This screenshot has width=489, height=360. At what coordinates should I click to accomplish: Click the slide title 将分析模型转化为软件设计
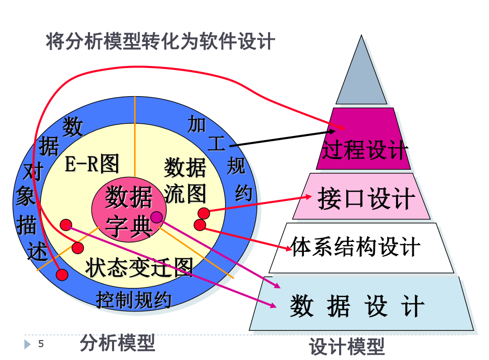coord(160,41)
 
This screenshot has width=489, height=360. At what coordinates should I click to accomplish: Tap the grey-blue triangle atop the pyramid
coord(362,77)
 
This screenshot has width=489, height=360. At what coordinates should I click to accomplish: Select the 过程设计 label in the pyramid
coord(364,150)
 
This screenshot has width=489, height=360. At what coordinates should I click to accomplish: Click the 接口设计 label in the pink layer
coord(366,198)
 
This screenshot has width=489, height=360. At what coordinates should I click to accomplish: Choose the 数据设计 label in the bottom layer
coord(357,306)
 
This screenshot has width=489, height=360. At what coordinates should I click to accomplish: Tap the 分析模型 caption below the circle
coord(117,343)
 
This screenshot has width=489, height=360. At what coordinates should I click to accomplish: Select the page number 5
coord(41,344)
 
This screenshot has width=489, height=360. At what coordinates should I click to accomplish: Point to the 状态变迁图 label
coord(139,267)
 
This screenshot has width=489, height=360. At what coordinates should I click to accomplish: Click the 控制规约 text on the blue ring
coord(134,300)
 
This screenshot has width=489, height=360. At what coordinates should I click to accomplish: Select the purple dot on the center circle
coord(156,217)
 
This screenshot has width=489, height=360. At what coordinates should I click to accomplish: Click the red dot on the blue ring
coord(62,275)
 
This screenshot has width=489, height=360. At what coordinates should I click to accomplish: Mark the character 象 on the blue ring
coord(25,197)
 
